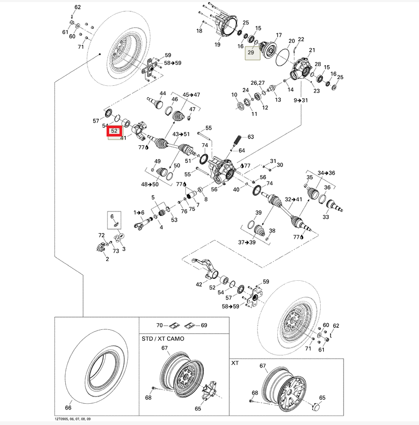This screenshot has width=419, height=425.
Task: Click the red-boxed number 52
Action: click(114, 131)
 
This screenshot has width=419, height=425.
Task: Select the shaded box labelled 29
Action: click(251, 53)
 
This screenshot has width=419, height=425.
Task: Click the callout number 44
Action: click(163, 94)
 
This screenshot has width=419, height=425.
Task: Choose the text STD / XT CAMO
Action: click(163, 339)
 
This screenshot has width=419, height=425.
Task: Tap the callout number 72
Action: click(101, 235)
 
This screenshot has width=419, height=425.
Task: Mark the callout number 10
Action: click(234, 95)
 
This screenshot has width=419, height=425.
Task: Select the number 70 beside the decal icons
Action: click(159, 326)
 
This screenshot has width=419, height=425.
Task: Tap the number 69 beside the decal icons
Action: click(204, 326)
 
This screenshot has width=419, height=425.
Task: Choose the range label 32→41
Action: click(293, 199)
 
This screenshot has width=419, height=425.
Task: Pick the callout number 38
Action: click(272, 231)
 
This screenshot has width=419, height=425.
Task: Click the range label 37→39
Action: click(247, 242)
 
